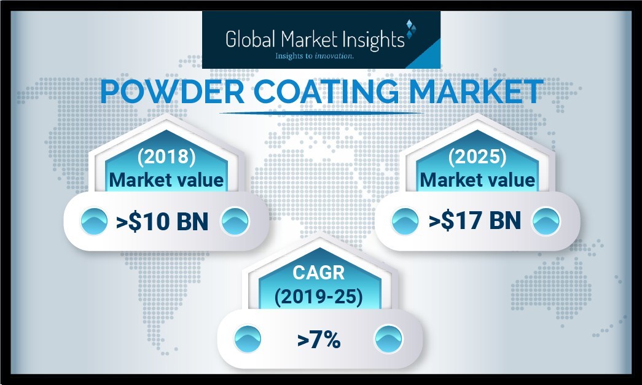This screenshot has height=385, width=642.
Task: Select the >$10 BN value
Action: (162, 221)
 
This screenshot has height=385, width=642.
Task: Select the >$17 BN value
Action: (474, 221)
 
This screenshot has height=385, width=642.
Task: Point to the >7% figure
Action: (319, 340)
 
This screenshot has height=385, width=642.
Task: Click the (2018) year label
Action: (166, 157)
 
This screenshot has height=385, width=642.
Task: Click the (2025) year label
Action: (477, 157)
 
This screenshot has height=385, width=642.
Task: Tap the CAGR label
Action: (319, 273)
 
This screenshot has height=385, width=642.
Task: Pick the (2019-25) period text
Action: (319, 297)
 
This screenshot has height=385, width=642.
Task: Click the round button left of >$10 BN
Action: (94, 221)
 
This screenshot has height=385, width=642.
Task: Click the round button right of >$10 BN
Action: (235, 221)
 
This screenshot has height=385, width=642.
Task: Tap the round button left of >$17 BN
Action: (405, 221)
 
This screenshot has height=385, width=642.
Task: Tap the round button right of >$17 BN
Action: (546, 221)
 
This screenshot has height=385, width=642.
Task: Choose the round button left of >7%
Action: (248, 339)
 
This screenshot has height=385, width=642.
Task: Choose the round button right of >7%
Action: (388, 339)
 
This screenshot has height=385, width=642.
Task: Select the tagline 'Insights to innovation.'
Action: (315, 56)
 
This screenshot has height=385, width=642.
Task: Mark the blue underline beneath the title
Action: (321, 112)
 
